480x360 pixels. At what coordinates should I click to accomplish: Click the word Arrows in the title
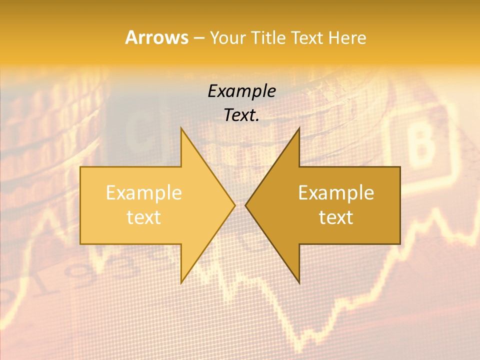(156, 37)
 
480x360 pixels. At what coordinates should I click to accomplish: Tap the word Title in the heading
(270, 38)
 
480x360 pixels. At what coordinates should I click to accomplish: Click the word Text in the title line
(308, 38)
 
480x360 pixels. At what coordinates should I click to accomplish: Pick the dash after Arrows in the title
(198, 38)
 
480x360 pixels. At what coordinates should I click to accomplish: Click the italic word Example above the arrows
(241, 91)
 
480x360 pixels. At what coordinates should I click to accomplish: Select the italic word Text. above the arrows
(241, 115)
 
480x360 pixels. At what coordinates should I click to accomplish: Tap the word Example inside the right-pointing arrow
(144, 193)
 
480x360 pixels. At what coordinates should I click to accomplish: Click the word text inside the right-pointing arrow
(144, 217)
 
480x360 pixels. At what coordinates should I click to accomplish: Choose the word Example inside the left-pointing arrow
(336, 193)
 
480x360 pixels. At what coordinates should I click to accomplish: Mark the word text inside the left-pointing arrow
(336, 217)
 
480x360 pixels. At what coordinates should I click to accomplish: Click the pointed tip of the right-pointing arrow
(234, 205)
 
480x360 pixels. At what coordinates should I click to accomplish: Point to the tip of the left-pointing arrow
(246, 205)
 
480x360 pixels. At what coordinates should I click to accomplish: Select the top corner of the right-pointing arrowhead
(181, 128)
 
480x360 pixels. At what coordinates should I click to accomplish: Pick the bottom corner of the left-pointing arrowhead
(299, 283)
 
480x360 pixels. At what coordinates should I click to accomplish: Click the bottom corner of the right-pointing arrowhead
(181, 283)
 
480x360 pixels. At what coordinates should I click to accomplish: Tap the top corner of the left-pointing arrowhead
(299, 128)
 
